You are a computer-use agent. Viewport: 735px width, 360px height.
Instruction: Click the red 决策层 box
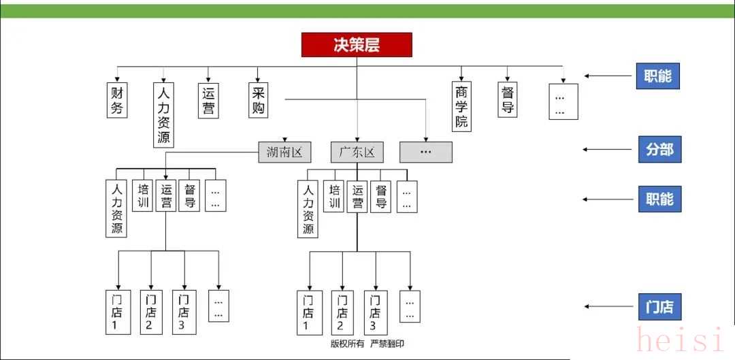point(357,45)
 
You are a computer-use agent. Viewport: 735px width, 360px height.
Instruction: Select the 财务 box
point(117,99)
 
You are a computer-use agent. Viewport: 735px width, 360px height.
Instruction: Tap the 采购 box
point(257,99)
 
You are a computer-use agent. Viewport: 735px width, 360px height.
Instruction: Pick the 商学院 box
point(462,106)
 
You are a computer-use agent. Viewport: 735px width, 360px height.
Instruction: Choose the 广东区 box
point(357,152)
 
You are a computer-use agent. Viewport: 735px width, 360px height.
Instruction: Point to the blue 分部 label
point(659,150)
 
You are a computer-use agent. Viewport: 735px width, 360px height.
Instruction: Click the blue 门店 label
point(659,307)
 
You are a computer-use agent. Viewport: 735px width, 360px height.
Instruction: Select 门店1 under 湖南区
point(117,312)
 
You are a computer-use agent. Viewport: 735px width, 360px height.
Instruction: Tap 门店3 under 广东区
point(376,312)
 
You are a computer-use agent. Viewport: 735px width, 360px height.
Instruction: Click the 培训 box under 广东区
point(333,196)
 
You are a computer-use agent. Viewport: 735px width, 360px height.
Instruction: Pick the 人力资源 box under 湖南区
point(117,208)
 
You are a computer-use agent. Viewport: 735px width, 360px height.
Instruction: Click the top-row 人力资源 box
point(163,114)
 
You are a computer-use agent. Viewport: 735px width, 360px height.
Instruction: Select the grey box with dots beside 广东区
point(426,152)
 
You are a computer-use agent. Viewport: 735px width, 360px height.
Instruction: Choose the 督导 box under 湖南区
point(189,196)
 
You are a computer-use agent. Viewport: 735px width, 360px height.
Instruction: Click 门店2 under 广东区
point(342,312)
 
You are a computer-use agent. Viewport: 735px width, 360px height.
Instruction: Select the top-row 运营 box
point(208,99)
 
